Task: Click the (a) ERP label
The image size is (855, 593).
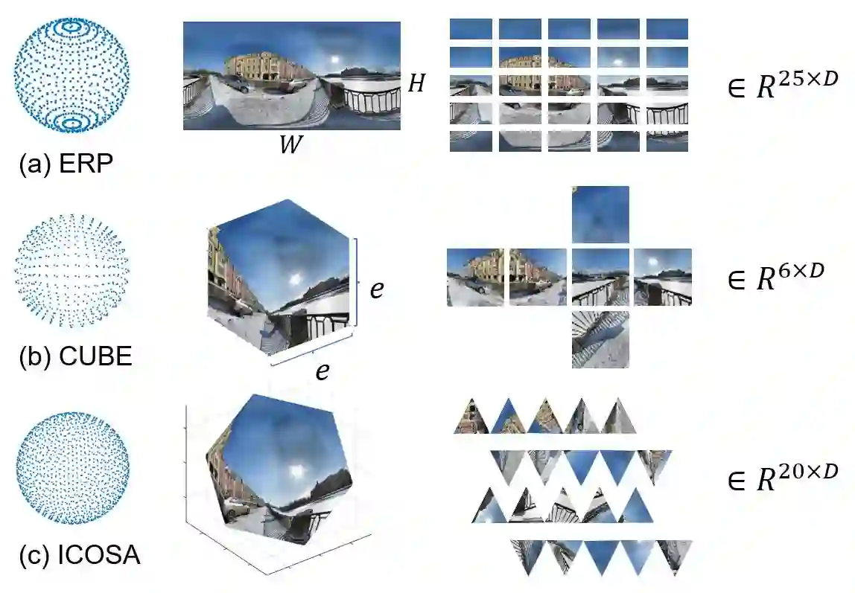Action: (66, 164)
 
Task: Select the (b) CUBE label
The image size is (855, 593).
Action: (75, 356)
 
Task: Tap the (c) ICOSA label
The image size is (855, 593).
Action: (80, 555)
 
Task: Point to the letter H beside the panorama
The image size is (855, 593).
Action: (416, 83)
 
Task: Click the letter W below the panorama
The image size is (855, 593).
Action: (291, 144)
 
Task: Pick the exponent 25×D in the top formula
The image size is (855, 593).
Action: (807, 79)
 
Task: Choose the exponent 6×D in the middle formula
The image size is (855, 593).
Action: (801, 271)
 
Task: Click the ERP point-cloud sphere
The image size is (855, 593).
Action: (71, 75)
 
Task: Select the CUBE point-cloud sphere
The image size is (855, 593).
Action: (71, 271)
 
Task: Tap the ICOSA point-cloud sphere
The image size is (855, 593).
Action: (72, 468)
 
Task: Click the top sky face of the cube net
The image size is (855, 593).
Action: (600, 214)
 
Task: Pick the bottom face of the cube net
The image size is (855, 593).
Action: (600, 339)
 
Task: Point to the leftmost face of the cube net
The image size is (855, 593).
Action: (475, 278)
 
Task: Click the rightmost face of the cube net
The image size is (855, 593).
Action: (663, 278)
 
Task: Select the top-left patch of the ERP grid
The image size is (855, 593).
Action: (471, 29)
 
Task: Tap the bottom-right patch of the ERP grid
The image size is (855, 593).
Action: (667, 141)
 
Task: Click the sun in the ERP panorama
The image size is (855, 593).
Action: (335, 59)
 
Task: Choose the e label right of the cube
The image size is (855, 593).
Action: (377, 289)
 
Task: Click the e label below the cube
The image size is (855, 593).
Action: (322, 371)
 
